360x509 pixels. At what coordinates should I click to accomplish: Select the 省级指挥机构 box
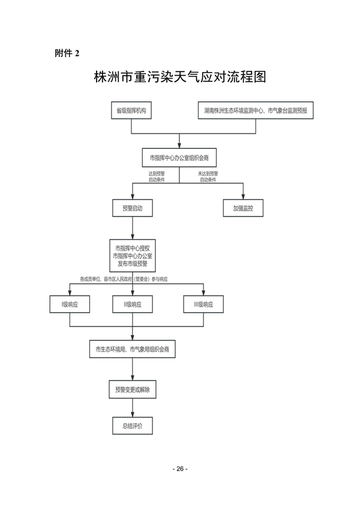pyautogui.click(x=132, y=111)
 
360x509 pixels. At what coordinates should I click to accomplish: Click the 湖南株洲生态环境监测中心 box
pyautogui.click(x=255, y=111)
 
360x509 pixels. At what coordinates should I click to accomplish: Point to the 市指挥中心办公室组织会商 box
pyautogui.click(x=179, y=157)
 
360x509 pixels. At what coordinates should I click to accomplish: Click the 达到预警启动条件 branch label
pyautogui.click(x=157, y=177)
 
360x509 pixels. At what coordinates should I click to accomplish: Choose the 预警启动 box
pyautogui.click(x=132, y=208)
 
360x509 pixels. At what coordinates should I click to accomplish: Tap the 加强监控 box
pyautogui.click(x=244, y=208)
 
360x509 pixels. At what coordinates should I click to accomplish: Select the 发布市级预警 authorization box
pyautogui.click(x=132, y=256)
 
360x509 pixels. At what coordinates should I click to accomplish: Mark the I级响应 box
pyautogui.click(x=70, y=305)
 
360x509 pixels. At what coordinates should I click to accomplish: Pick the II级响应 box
pyautogui.click(x=132, y=305)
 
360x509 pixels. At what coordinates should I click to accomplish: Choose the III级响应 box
pyautogui.click(x=203, y=305)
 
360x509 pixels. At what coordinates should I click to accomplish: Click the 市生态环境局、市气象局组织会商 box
pyautogui.click(x=132, y=349)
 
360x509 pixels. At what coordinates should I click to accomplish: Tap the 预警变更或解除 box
pyautogui.click(x=132, y=389)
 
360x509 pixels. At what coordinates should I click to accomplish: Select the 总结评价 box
pyautogui.click(x=132, y=426)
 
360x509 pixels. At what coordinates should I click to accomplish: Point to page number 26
pyautogui.click(x=179, y=469)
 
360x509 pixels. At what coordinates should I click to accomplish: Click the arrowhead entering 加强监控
pyautogui.click(x=244, y=197)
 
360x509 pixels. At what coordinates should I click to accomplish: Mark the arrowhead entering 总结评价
pyautogui.click(x=132, y=414)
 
